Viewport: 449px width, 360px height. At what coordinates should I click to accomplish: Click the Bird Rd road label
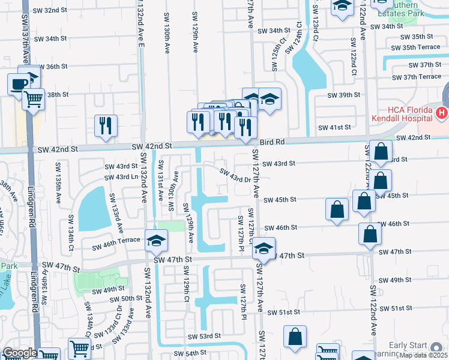click(273, 142)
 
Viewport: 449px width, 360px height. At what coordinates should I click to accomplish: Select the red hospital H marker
click(442, 112)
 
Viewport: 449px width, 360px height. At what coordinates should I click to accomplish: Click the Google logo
click(20, 353)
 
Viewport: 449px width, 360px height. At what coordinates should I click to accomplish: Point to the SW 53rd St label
click(204, 336)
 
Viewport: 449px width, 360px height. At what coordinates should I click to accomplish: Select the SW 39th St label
click(343, 95)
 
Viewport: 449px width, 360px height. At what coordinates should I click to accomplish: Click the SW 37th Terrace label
click(417, 77)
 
